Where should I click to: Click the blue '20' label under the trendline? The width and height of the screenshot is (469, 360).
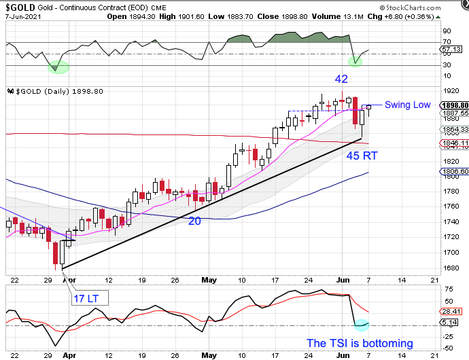coord(194,221)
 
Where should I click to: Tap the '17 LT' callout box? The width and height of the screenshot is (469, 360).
coord(88,297)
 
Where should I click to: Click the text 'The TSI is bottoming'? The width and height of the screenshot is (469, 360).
coord(360,343)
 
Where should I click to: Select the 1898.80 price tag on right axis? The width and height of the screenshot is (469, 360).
coord(453,105)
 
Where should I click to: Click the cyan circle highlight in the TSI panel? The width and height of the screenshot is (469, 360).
coord(362,326)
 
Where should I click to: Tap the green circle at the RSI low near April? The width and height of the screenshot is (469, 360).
coord(59,67)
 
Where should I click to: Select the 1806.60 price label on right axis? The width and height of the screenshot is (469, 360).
coord(453,173)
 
